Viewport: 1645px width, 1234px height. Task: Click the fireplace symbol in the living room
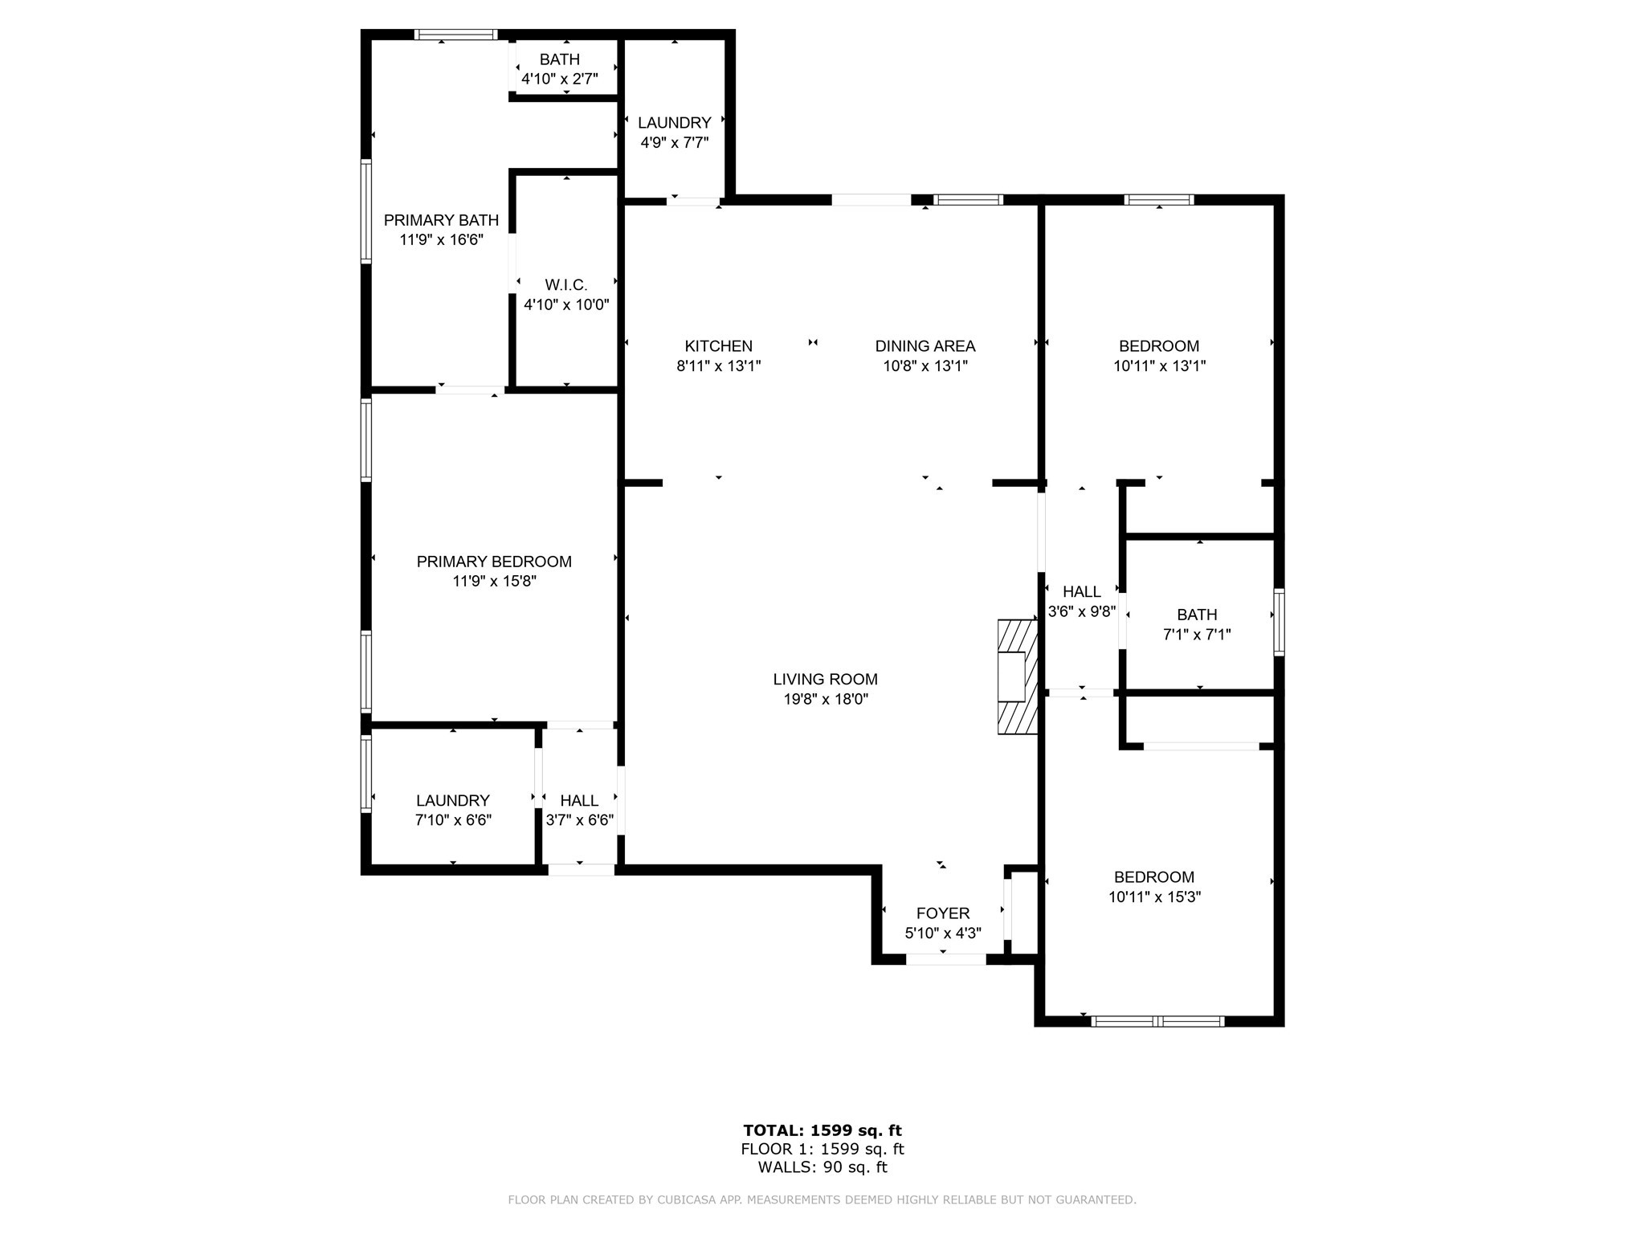coord(1018,676)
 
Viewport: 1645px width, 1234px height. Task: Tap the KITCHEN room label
coord(718,346)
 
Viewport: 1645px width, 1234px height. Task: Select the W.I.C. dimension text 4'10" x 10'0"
coord(566,305)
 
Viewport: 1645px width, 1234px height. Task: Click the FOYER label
coord(943,913)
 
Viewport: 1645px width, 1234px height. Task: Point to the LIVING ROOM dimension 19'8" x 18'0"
coord(826,700)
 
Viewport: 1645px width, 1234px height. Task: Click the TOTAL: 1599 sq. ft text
coord(822,1130)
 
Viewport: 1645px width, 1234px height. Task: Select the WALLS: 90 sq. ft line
coord(822,1167)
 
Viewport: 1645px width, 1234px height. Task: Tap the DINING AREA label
coord(925,346)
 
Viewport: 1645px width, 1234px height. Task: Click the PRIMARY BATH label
coord(441,220)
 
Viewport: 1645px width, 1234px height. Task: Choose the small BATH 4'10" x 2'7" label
coord(560,68)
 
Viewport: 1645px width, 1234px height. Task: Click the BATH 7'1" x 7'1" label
coord(1197,624)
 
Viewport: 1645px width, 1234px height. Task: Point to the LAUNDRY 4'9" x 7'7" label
coord(675,133)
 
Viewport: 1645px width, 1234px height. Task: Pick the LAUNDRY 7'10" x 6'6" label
coord(453,810)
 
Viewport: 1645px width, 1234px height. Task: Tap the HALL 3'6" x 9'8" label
coord(1082,601)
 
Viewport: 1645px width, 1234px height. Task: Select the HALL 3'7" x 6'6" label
coord(579,810)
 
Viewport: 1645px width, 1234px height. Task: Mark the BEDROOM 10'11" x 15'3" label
coord(1154,887)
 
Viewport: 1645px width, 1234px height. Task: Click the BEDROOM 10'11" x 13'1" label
coord(1159,356)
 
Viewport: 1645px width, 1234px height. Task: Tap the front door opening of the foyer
coord(945,959)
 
